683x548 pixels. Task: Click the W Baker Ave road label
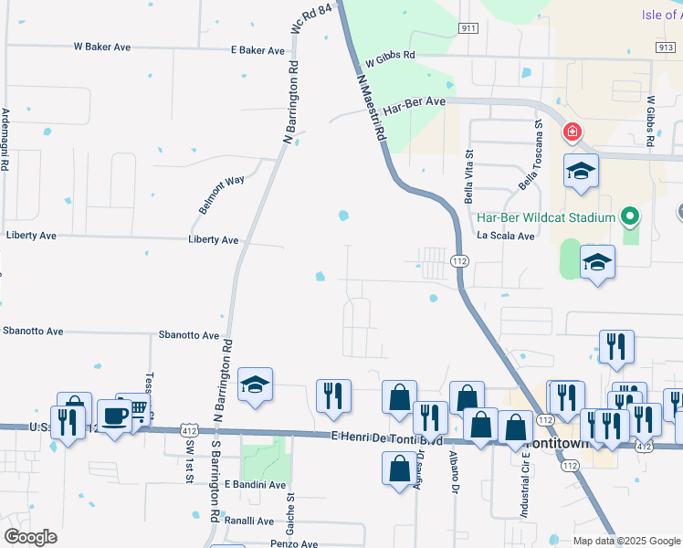102,47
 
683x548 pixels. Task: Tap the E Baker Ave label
257,50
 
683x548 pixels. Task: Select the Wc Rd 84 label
309,19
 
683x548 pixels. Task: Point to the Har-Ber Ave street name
414,106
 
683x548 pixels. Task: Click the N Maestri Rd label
372,107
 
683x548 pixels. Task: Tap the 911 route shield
468,28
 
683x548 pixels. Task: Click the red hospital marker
573,133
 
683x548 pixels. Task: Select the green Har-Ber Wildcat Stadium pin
628,217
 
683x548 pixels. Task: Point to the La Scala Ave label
506,236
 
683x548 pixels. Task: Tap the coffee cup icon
115,416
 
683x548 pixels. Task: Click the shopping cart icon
137,408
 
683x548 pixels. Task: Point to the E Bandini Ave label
255,484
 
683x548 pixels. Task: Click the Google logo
30,536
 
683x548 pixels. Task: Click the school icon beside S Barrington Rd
256,385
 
